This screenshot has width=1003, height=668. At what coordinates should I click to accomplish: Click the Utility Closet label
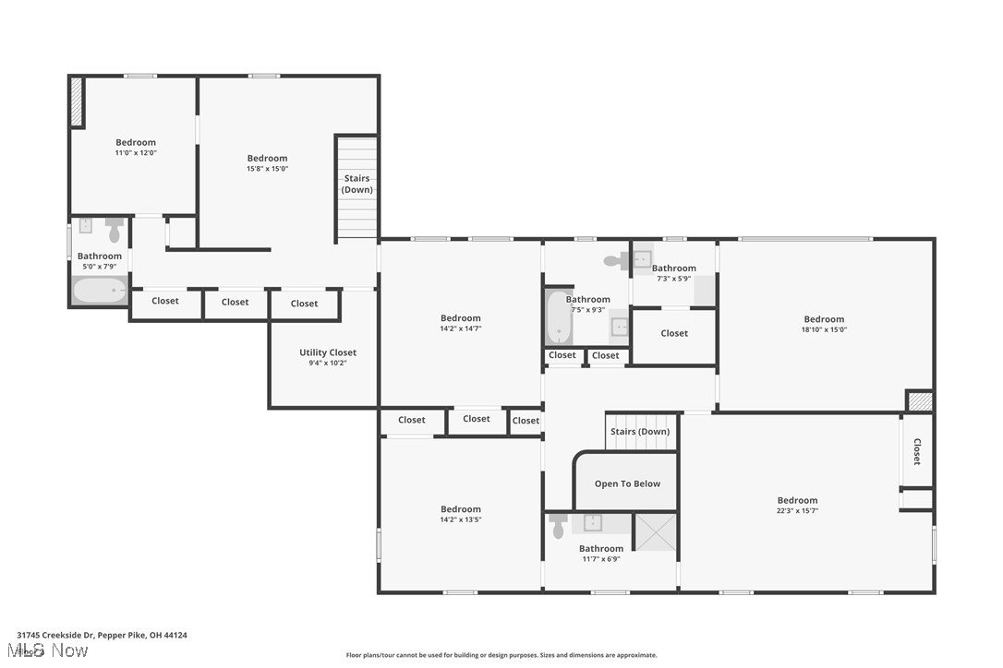pyautogui.click(x=327, y=352)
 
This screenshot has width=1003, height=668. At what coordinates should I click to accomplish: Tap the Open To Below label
pyautogui.click(x=627, y=483)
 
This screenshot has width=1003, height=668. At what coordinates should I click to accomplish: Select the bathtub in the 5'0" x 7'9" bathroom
pyautogui.click(x=100, y=291)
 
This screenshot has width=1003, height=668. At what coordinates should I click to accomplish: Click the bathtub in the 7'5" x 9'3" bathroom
pyautogui.click(x=558, y=316)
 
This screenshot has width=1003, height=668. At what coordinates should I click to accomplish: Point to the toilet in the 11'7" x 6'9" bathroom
pyautogui.click(x=558, y=527)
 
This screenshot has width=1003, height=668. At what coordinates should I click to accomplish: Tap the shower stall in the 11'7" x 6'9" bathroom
pyautogui.click(x=655, y=532)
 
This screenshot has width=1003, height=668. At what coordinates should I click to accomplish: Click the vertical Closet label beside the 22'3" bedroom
pyautogui.click(x=917, y=451)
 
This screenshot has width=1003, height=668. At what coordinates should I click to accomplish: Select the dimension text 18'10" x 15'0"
pyautogui.click(x=824, y=329)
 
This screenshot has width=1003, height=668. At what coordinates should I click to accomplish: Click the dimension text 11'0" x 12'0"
pyautogui.click(x=136, y=152)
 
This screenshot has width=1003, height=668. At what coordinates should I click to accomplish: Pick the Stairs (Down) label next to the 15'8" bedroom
pyautogui.click(x=356, y=184)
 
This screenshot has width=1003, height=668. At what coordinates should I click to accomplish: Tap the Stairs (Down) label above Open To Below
pyautogui.click(x=640, y=432)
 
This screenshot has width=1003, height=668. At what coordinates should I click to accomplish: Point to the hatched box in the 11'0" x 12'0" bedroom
pyautogui.click(x=76, y=102)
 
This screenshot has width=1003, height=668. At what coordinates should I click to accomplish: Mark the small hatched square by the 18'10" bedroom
pyautogui.click(x=919, y=401)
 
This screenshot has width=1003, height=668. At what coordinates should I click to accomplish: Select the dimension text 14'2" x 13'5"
pyautogui.click(x=460, y=519)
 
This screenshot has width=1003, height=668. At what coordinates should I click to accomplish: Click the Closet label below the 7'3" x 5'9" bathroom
pyautogui.click(x=674, y=333)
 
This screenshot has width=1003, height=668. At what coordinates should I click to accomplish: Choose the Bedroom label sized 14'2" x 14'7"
pyautogui.click(x=460, y=318)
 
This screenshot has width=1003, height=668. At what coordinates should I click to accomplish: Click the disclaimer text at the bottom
pyautogui.click(x=501, y=655)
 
